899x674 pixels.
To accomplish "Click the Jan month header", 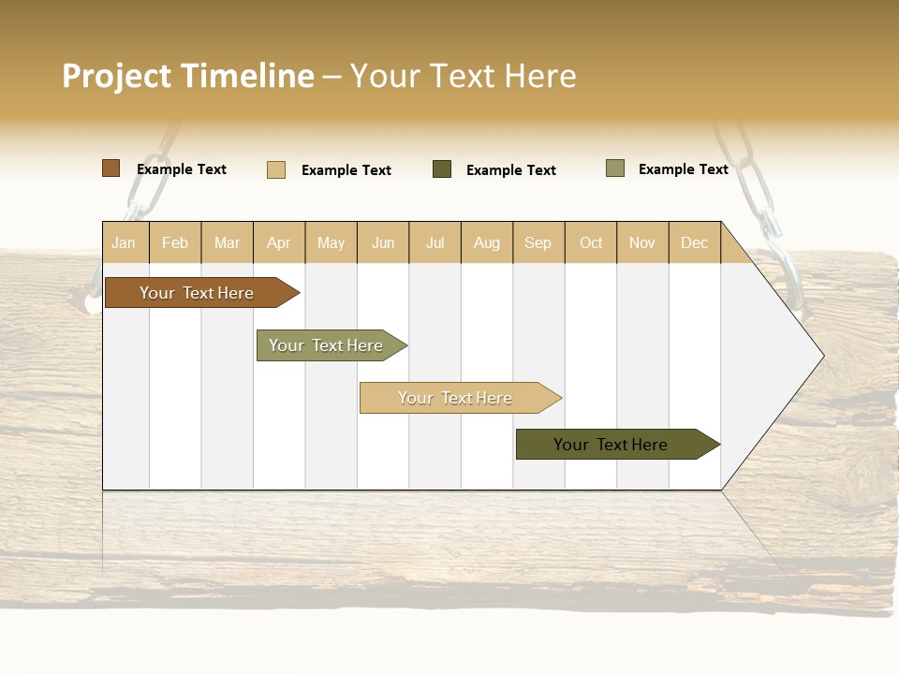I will [x=124, y=242].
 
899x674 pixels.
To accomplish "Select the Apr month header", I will [x=279, y=242].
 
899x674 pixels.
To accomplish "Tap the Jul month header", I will [x=435, y=242].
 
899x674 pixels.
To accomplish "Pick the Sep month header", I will [x=538, y=242].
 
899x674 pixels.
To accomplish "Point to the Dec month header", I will [x=694, y=242].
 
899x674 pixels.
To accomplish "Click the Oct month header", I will [x=591, y=242].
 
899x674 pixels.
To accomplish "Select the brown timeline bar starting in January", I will [x=197, y=293].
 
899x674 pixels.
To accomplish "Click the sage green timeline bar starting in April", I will [x=326, y=345].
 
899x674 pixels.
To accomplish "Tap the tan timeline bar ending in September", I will [x=455, y=398].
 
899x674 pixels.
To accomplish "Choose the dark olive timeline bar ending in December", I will [x=611, y=445].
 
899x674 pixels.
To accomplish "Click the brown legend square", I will [x=111, y=168].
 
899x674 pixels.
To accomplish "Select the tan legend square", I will [x=276, y=169].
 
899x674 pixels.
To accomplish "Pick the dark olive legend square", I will [x=442, y=169].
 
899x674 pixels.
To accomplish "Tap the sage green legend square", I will [x=615, y=168].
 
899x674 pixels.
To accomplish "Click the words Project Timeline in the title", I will [x=187, y=76].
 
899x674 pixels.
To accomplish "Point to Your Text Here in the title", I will [x=464, y=76].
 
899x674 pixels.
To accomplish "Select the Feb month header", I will [x=175, y=242].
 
